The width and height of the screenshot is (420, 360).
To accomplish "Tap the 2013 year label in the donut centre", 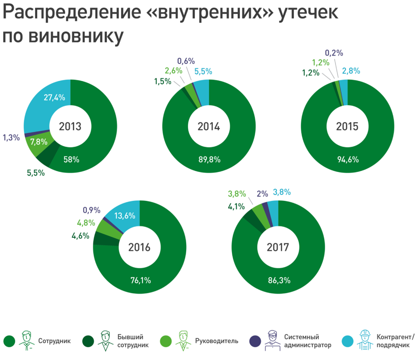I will tap(70, 127).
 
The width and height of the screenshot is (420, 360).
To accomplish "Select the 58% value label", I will tap(71, 159).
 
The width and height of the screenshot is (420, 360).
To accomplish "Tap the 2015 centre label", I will tap(347, 127).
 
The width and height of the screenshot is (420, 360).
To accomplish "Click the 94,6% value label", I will tap(348, 159).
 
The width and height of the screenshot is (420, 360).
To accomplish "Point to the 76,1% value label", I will tap(140, 280).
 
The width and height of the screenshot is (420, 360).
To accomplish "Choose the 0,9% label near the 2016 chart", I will tap(92, 211).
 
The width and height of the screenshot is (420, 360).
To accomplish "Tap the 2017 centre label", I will tap(279, 247).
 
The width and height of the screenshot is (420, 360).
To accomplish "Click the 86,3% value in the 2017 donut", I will tap(279, 280).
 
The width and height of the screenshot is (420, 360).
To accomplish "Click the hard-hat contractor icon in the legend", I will tap(364, 340).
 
